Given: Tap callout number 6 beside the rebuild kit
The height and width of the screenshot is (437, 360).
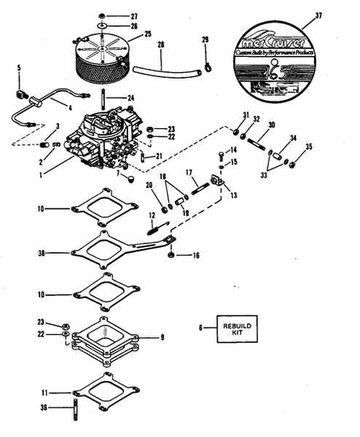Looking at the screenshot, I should click(200, 328).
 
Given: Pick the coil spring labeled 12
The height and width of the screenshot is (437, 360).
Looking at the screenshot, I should click(154, 228).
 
